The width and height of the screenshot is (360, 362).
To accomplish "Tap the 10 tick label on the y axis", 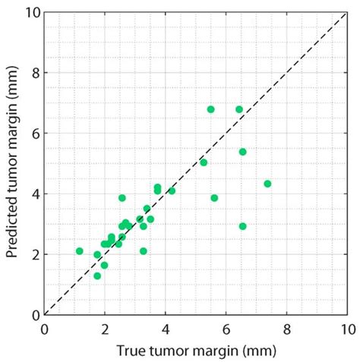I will click(x=30, y=12).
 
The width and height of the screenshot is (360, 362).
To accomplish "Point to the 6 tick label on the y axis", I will click(x=33, y=133).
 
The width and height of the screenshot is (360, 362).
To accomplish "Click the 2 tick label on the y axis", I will click(x=33, y=254).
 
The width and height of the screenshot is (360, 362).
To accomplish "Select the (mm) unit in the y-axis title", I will click(x=13, y=88).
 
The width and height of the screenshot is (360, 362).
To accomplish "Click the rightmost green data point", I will click(x=267, y=184).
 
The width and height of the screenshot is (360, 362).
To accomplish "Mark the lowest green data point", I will click(x=97, y=276).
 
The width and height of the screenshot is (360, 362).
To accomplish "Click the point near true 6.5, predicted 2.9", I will click(x=243, y=226).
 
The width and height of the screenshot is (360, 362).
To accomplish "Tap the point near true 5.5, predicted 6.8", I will click(x=210, y=109).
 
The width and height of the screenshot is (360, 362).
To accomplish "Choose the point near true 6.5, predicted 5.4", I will click(x=243, y=152).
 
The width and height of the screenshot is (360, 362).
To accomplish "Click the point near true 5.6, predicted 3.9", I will click(x=214, y=198).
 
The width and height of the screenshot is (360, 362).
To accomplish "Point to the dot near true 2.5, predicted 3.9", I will click(x=122, y=198).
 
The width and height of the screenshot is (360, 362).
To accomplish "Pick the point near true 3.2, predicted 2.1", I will click(x=144, y=251).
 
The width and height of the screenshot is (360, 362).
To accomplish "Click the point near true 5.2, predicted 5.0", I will click(x=204, y=162).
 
